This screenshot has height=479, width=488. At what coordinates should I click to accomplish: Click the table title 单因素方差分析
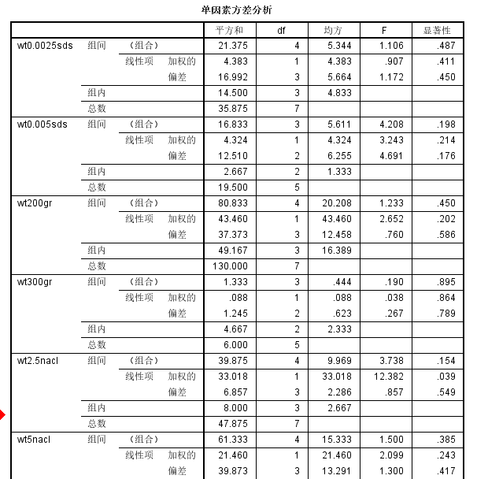(x=238, y=10)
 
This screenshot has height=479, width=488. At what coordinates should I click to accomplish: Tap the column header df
(x=281, y=30)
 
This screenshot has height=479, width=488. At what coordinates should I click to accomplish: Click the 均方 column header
(x=333, y=30)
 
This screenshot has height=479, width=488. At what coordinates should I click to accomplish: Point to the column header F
(x=384, y=30)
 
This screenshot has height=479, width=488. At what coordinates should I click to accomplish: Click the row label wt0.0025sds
(x=46, y=46)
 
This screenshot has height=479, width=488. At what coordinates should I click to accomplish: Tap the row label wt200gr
(x=35, y=203)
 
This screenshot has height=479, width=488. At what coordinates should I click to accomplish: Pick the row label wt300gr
(x=35, y=282)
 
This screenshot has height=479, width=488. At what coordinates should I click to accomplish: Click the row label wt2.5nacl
(x=39, y=361)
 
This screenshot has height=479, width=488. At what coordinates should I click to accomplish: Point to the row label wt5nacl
(x=35, y=440)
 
